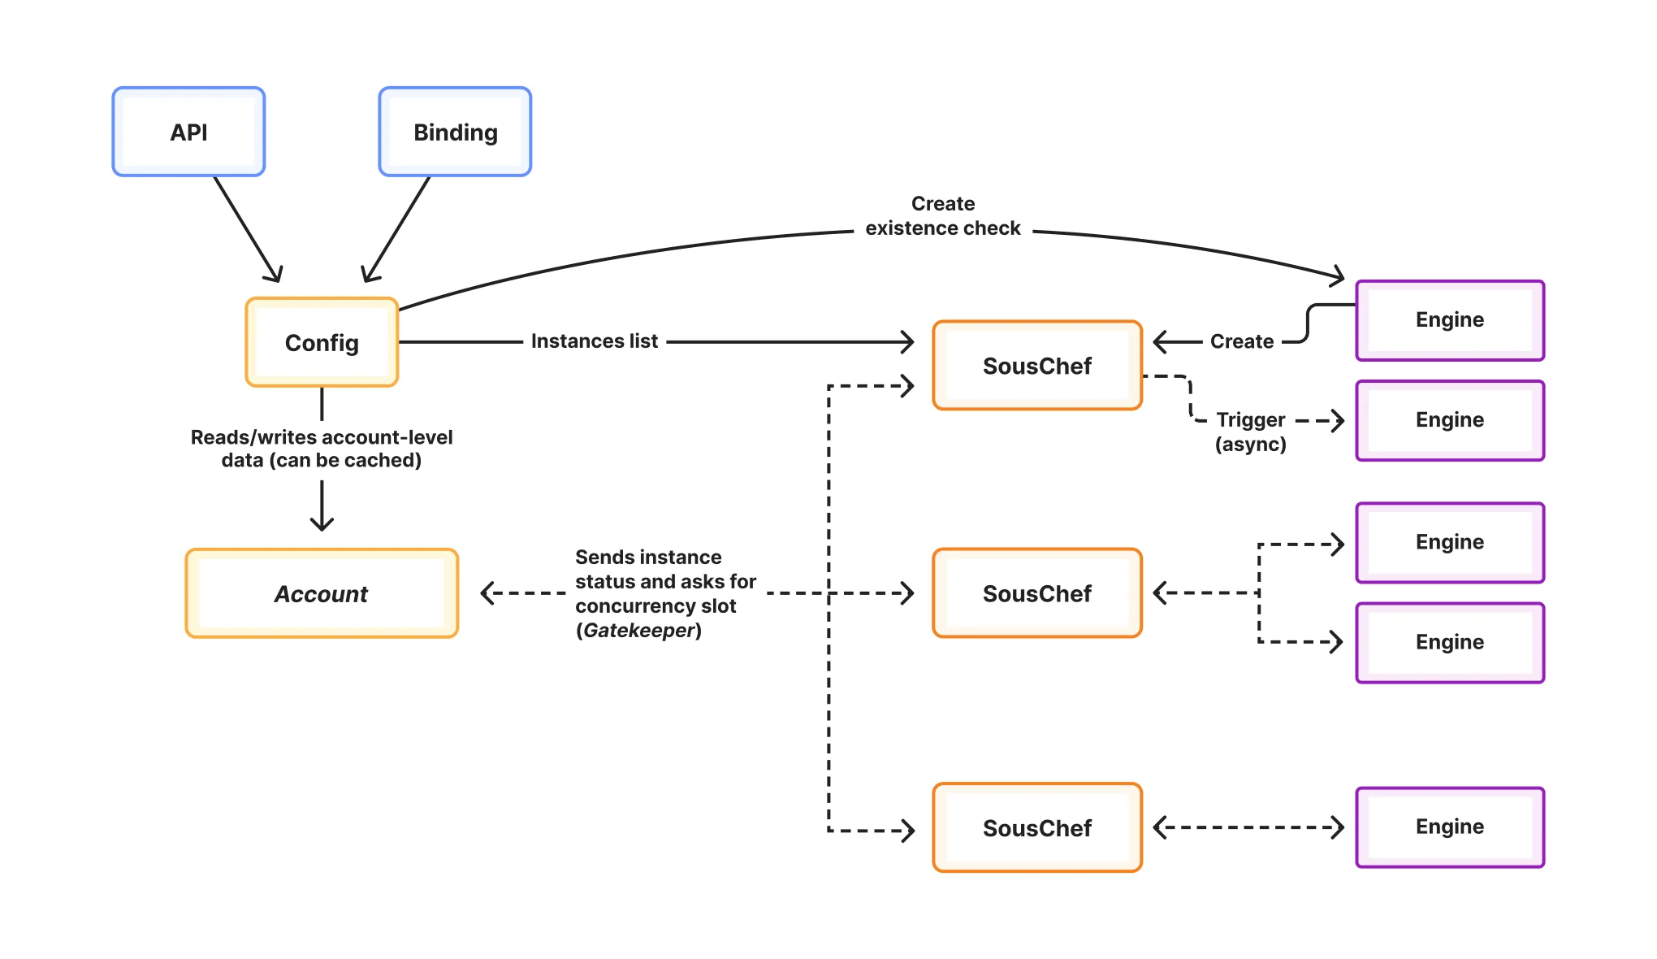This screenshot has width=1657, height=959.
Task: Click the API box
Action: click(x=188, y=132)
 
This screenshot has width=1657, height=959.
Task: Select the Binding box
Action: click(x=455, y=132)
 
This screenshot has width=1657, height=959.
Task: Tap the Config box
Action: click(x=322, y=342)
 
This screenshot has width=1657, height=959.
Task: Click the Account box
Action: click(x=322, y=593)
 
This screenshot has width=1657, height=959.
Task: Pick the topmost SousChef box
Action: click(x=1037, y=366)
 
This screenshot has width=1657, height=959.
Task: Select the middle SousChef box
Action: click(x=1037, y=593)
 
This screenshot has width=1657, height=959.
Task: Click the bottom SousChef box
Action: click(x=1037, y=827)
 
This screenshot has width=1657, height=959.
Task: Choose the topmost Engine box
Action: click(x=1450, y=320)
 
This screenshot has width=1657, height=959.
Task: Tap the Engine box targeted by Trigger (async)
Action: click(x=1450, y=420)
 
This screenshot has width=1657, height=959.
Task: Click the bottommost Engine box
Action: click(x=1450, y=827)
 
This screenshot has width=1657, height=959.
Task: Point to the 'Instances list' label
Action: click(x=594, y=341)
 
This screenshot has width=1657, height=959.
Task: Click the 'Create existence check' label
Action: click(x=942, y=216)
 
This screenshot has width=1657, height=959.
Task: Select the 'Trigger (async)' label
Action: click(x=1250, y=432)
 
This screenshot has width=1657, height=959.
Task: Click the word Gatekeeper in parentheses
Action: click(x=638, y=631)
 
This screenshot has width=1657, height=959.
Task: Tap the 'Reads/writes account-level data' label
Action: click(x=322, y=449)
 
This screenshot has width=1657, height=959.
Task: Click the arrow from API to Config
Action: click(x=247, y=228)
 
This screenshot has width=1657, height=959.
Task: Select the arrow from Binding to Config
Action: click(x=397, y=228)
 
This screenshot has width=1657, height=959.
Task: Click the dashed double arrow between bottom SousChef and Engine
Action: click(x=1248, y=827)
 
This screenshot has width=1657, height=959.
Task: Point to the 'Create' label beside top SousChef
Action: click(x=1241, y=341)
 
